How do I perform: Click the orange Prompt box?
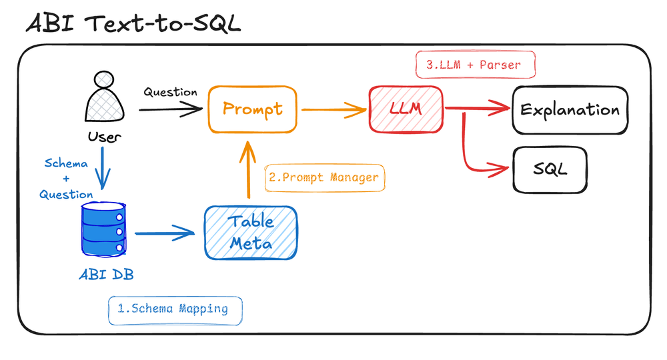(252, 109)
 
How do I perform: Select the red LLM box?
(407, 109)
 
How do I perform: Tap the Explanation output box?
(570, 109)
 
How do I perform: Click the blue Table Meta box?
(250, 233)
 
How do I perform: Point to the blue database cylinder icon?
(104, 229)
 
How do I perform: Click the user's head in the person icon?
(105, 81)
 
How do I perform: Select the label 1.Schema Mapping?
(175, 309)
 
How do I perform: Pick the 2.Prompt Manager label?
(324, 178)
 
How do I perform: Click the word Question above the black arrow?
(170, 93)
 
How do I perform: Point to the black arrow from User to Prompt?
(170, 109)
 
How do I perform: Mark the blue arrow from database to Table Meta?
(163, 233)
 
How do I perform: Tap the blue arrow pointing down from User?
(102, 171)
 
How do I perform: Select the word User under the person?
(104, 137)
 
